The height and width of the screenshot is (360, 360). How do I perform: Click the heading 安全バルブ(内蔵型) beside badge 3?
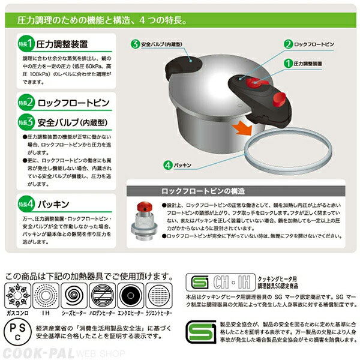[x=76, y=122]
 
